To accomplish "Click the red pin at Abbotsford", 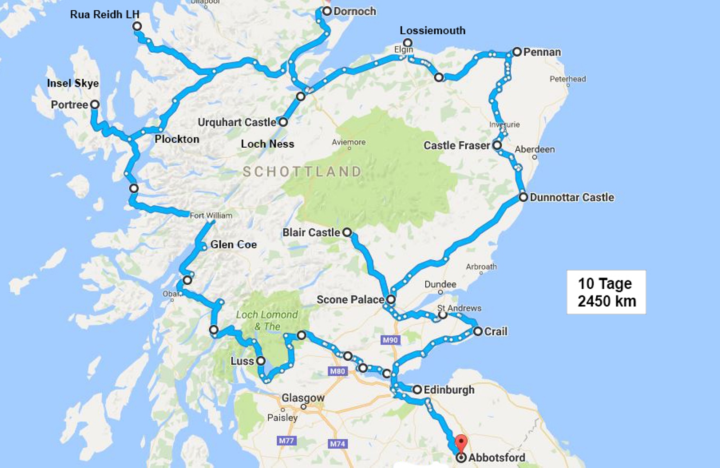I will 461,442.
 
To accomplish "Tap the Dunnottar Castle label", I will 571,197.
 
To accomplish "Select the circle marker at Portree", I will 94,105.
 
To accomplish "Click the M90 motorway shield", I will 390,340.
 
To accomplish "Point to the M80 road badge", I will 337,371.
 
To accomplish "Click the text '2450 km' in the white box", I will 607,301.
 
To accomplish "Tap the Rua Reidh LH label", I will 104,14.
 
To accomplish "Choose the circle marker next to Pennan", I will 517,52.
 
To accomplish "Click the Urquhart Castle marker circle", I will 283,122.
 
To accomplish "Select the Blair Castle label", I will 311,232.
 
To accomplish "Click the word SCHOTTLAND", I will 302,172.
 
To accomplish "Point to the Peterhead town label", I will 567,79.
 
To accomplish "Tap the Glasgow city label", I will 303,398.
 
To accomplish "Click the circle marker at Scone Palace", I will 391,299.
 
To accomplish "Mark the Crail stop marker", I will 478,332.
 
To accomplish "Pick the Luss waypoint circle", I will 261,361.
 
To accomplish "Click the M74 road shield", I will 337,444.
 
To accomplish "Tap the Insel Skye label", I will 73,83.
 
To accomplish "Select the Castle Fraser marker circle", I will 497,145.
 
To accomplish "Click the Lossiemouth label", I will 432,31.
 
